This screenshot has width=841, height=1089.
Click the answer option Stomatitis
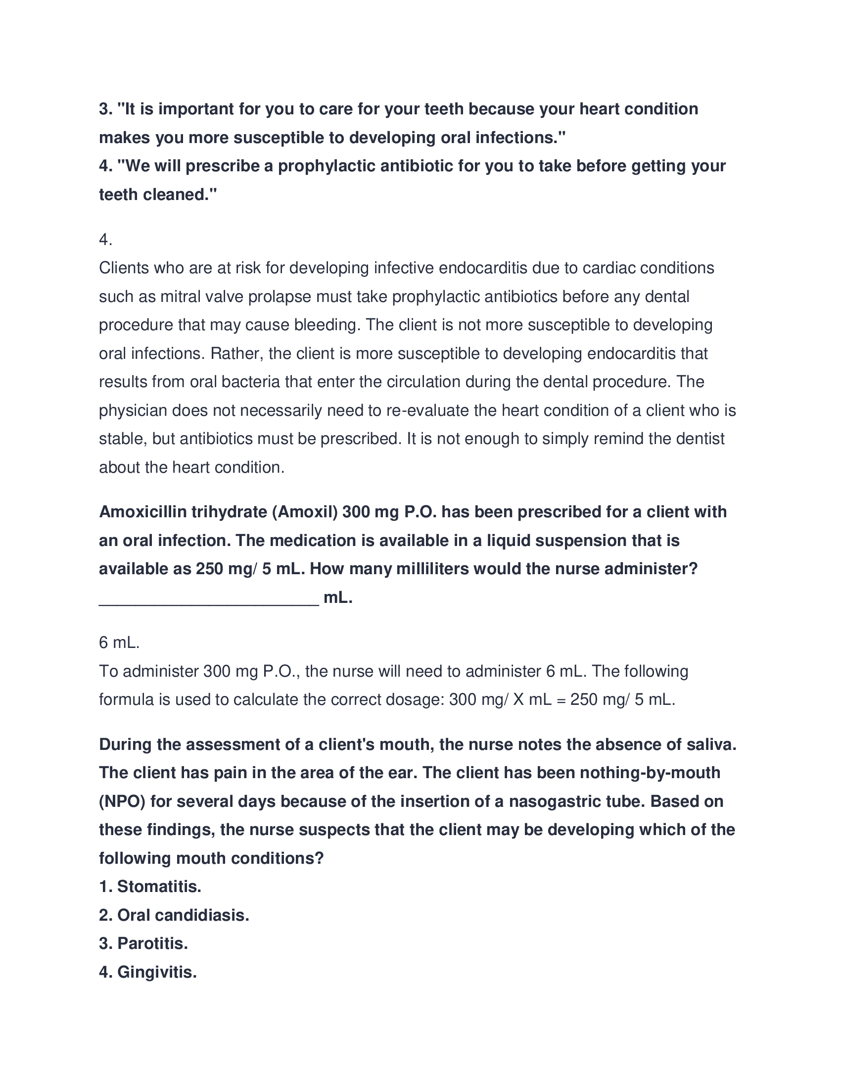[x=150, y=886]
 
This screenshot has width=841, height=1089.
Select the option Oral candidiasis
[x=174, y=914]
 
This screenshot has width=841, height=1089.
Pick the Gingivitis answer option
[x=148, y=971]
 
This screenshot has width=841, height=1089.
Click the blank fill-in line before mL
[x=209, y=597]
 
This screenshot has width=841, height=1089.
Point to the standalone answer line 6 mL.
[x=119, y=643]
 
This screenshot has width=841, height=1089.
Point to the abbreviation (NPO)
[x=122, y=801]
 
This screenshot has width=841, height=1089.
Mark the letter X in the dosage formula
[x=518, y=699]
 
